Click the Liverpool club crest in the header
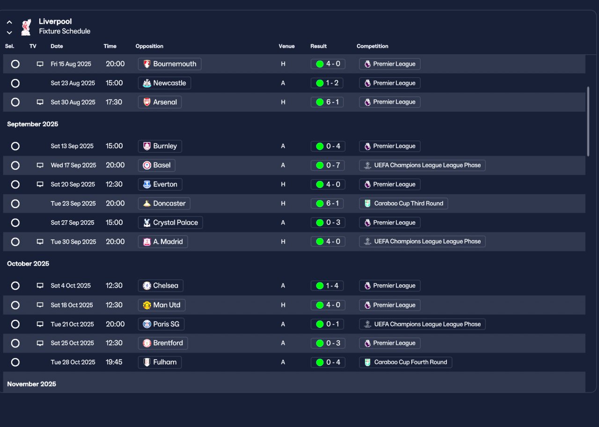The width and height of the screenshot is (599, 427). pyautogui.click(x=26, y=27)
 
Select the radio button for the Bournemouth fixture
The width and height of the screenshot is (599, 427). pyautogui.click(x=15, y=64)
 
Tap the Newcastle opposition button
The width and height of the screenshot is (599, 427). pyautogui.click(x=164, y=83)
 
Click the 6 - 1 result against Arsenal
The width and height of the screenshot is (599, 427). pyautogui.click(x=327, y=102)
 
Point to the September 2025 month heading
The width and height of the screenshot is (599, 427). pyautogui.click(x=33, y=124)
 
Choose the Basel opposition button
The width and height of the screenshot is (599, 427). pyautogui.click(x=157, y=165)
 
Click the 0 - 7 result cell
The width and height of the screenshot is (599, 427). pyautogui.click(x=328, y=165)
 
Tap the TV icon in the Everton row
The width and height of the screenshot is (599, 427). pyautogui.click(x=40, y=184)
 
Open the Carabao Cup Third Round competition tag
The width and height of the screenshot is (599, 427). pyautogui.click(x=403, y=203)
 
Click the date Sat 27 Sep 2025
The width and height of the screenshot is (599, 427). pyautogui.click(x=73, y=223)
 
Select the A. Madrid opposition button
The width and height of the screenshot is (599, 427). pyautogui.click(x=163, y=242)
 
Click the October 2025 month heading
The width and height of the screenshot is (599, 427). pyautogui.click(x=28, y=264)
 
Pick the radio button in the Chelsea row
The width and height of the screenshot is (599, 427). pyautogui.click(x=15, y=286)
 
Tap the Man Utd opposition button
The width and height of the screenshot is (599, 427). pyautogui.click(x=162, y=305)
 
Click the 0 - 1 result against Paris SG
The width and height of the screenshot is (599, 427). pyautogui.click(x=328, y=324)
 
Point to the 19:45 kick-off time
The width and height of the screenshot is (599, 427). pyautogui.click(x=114, y=362)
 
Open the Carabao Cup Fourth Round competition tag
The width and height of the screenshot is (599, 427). pyautogui.click(x=406, y=362)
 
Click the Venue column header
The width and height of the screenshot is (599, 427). pyautogui.click(x=287, y=46)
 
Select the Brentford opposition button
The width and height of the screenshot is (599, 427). pyautogui.click(x=163, y=343)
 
